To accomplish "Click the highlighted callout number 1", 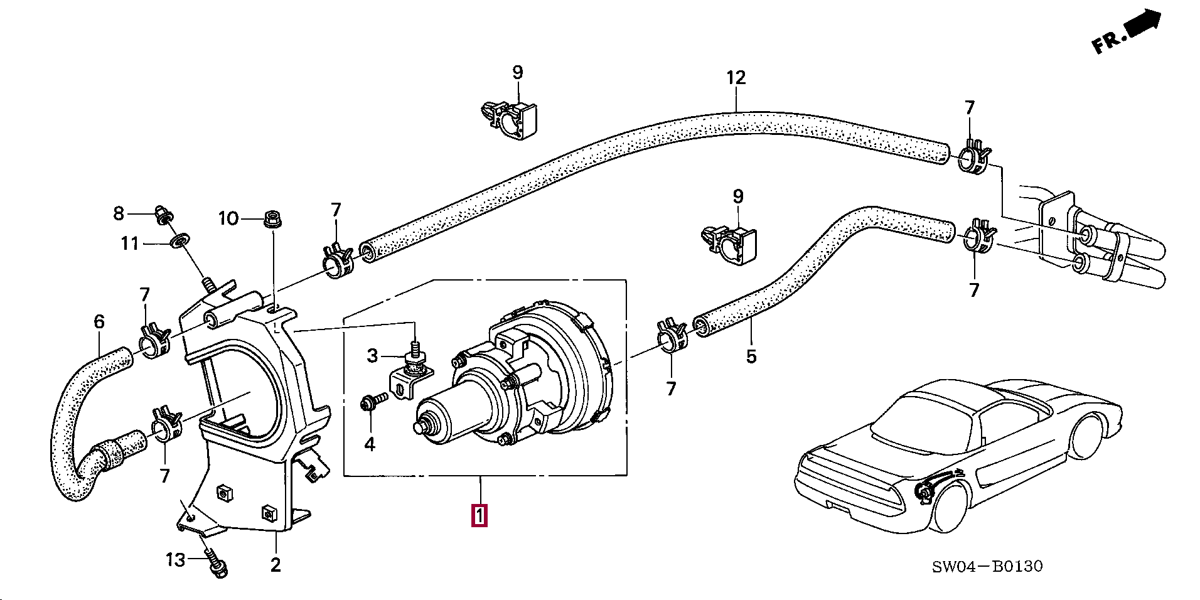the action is tap(479, 516).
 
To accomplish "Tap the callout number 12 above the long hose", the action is tap(736, 78).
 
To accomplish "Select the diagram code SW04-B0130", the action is tap(987, 567).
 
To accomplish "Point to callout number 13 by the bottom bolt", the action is tap(176, 559).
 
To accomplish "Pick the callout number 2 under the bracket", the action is tap(276, 565).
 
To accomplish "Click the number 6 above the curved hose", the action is tap(99, 322).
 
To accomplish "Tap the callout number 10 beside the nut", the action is tap(228, 218).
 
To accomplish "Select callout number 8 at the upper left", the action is tap(119, 213).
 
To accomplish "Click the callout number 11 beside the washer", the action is tap(130, 243).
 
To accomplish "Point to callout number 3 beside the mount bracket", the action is tap(372, 356).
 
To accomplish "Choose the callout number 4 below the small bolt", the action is tap(370, 444).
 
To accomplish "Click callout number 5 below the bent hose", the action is tap(751, 356).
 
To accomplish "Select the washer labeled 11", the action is tap(181, 240).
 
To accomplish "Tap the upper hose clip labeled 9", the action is tap(511, 119).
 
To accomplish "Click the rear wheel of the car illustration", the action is tap(950, 505).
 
